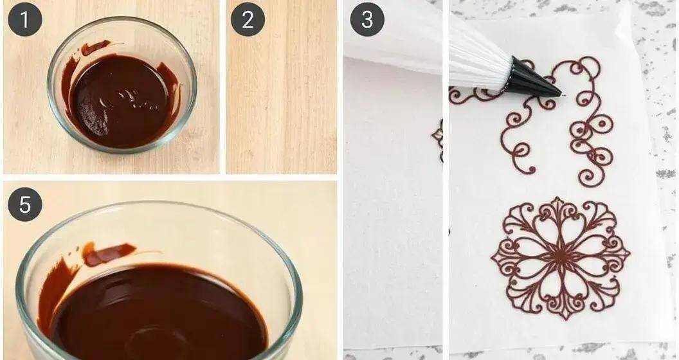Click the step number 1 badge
tap(24, 19)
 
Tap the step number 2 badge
tap(248, 19)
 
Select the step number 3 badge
tap(367, 19)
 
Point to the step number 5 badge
tap(24, 204)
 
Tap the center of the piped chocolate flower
tap(560, 258)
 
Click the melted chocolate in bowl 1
tap(119, 100)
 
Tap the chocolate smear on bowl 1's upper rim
tap(95, 47)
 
